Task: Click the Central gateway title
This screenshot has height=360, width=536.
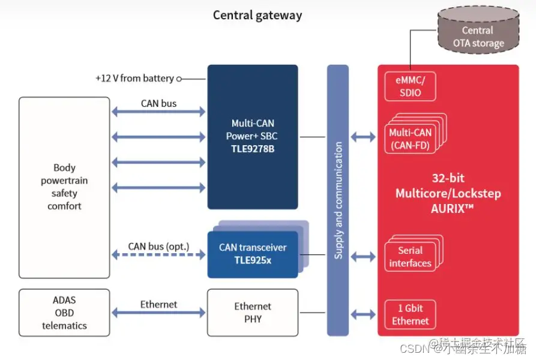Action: [257, 15]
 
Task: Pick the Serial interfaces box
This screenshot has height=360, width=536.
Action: [410, 257]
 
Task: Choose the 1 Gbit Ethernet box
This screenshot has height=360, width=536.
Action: [411, 315]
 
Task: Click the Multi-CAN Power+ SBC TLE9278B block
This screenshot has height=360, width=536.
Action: [252, 137]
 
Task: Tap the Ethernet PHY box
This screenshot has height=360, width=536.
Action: [253, 313]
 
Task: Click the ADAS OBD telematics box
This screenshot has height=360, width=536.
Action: [64, 313]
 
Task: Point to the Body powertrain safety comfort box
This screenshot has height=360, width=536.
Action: [64, 187]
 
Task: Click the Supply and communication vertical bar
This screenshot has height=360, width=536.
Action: [338, 200]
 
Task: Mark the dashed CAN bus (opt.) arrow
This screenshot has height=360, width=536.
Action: [158, 255]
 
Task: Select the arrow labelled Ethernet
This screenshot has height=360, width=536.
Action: [158, 313]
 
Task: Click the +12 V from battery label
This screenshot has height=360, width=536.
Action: [134, 78]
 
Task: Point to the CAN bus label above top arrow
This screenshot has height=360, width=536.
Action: [158, 103]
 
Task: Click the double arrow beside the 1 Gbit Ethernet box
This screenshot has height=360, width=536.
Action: [363, 314]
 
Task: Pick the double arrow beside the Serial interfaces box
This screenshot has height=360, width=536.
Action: [363, 257]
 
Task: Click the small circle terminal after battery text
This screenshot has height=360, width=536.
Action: [179, 79]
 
